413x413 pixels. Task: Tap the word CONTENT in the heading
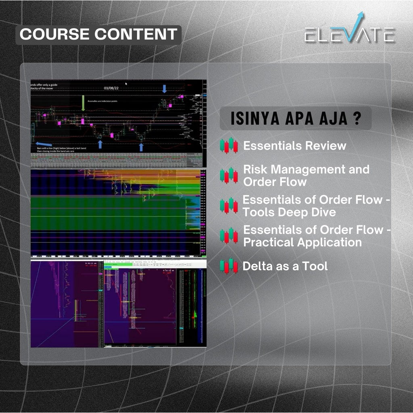137,34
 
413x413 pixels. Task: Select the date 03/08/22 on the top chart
111,88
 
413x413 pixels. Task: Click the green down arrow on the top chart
83,103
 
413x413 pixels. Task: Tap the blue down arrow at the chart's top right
164,89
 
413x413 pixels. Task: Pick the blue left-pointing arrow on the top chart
43,144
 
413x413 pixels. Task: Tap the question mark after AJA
357,119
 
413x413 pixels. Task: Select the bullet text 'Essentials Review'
294,146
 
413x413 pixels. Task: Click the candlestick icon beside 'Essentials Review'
229,146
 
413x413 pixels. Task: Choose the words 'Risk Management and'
306,169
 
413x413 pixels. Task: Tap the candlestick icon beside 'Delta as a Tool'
229,266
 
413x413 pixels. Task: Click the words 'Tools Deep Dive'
289,212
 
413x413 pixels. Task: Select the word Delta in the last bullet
257,266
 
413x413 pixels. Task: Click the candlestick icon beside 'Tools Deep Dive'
229,205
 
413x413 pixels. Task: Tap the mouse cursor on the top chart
126,84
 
